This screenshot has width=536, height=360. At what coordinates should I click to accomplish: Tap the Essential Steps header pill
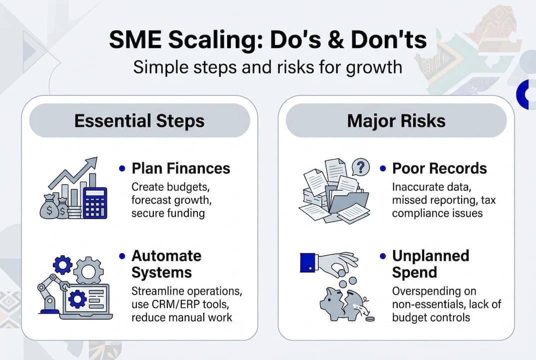coord(139,121)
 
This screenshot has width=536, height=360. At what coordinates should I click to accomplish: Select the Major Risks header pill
coord(396,121)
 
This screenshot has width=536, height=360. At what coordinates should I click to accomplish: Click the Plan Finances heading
coord(181,168)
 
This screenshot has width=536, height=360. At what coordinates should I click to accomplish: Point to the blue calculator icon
coord(95,202)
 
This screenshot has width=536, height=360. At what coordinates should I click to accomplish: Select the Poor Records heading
coord(439,168)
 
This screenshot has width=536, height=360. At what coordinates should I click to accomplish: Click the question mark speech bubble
coord(360,166)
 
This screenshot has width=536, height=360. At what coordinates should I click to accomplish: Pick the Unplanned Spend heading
coord(430,264)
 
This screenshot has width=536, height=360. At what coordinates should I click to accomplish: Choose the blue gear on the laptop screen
coord(78,299)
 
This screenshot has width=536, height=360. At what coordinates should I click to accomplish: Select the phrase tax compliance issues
coord(437,213)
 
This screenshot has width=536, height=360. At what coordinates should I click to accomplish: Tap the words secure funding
coord(168,213)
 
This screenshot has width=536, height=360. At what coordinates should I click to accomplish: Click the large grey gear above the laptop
coord(88,270)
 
